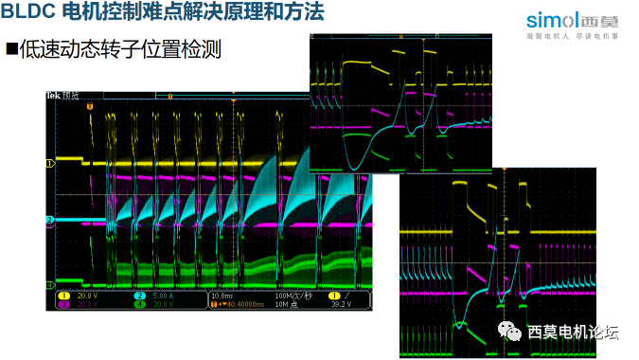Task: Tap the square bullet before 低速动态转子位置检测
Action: [12, 48]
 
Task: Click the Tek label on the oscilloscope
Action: [53, 97]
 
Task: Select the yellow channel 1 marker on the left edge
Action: [50, 163]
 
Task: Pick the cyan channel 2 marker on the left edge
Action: [50, 221]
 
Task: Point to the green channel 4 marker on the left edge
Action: [50, 283]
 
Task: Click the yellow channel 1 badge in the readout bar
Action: [64, 296]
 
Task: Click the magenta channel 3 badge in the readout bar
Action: [64, 304]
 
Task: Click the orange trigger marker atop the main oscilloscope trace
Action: [90, 105]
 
